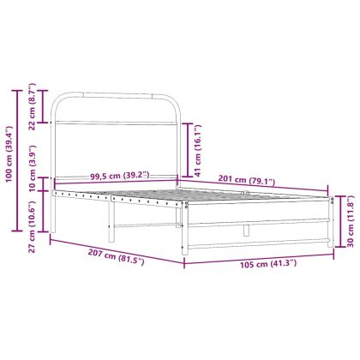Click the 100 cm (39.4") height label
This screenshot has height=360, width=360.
coord(9,159)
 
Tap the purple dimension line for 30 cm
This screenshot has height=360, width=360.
coord(338,219)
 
